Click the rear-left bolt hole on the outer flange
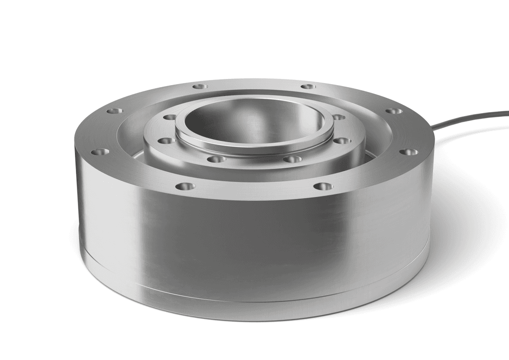tap(200, 87)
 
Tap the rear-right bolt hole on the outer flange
tap(307, 87)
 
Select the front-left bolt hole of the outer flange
tap(185, 186)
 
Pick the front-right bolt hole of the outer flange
tap(322, 186)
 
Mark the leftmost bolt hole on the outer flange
tap(100, 152)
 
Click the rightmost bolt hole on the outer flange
tap(408, 152)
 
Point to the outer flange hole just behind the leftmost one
tap(115, 110)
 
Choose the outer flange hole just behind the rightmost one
tap(393, 110)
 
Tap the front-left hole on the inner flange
tap(217, 159)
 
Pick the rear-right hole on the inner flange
tap(338, 117)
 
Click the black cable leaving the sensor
tap(468, 120)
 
